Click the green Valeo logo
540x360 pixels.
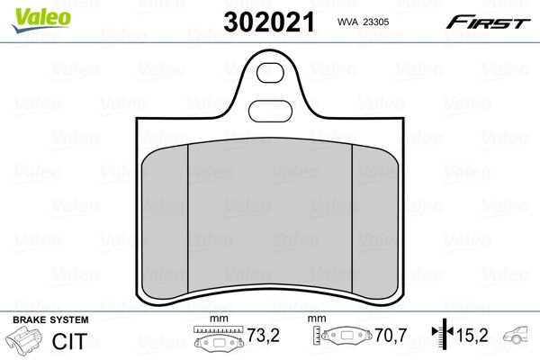41,20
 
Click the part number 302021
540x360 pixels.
269,22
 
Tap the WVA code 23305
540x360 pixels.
376,22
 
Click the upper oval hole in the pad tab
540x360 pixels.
270,73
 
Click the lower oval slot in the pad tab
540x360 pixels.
270,111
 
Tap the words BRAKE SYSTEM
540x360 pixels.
50,319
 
